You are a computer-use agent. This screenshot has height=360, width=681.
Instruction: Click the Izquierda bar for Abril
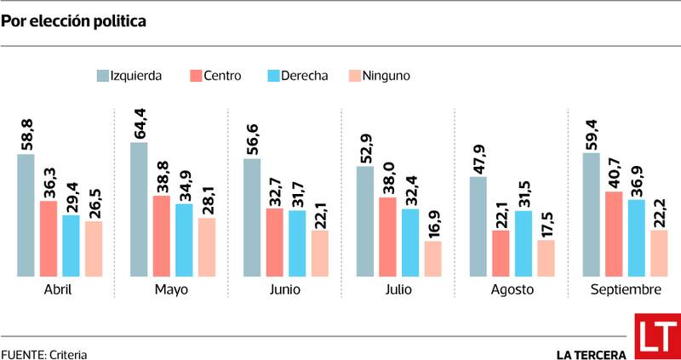26,215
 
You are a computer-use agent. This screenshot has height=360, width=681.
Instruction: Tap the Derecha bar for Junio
298,243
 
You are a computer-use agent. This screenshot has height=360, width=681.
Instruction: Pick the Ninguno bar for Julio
433,259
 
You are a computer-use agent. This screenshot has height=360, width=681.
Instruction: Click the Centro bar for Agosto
501,253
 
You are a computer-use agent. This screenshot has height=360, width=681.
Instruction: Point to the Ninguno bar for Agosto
546,258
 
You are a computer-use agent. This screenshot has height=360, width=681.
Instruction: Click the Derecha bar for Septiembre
637,237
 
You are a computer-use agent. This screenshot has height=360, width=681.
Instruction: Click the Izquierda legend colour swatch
105,76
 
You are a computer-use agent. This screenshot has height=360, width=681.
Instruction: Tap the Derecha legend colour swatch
274,76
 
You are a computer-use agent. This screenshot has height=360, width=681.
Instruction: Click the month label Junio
284,289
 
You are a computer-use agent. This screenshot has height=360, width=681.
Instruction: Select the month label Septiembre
626,289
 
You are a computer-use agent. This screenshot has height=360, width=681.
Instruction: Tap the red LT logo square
656,337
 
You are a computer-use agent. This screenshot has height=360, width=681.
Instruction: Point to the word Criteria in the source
68,354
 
